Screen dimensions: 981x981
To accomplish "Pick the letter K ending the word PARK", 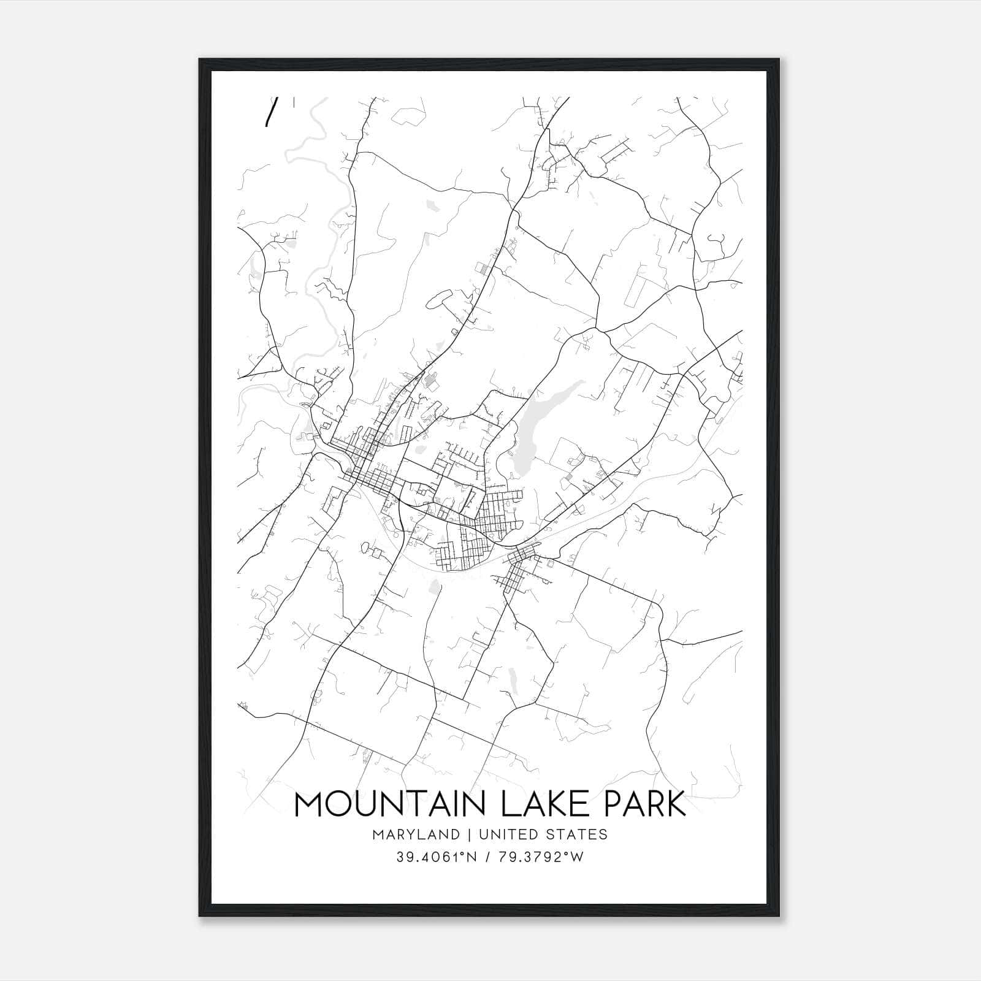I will [x=676, y=804].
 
